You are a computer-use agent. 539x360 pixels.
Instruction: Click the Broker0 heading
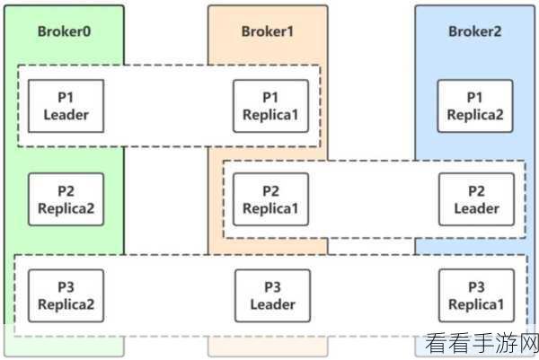65,31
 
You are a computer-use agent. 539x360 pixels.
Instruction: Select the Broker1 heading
268,31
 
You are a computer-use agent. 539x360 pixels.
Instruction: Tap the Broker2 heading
474,31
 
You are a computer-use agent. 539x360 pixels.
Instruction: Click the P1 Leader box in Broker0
66,106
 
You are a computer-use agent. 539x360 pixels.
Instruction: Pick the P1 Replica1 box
271,106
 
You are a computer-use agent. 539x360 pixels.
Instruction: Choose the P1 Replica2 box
475,106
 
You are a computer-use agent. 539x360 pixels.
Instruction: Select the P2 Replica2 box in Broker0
66,199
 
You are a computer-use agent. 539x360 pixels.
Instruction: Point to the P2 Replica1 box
271,199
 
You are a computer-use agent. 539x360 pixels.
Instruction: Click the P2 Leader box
477,199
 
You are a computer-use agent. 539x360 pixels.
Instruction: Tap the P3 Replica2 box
66,295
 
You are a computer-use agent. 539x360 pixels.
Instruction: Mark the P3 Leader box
272,295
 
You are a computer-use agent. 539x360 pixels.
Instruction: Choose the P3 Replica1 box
477,295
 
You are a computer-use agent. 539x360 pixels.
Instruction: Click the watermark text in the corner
482,343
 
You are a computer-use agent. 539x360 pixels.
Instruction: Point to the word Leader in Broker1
272,304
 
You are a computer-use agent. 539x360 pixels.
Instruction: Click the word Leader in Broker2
477,208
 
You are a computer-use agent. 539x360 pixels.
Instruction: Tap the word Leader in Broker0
66,115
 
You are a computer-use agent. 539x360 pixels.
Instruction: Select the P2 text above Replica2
66,191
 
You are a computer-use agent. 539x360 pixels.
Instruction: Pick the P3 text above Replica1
477,286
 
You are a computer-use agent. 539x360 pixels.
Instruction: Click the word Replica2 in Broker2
475,115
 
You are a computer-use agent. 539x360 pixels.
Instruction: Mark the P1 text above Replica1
270,97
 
